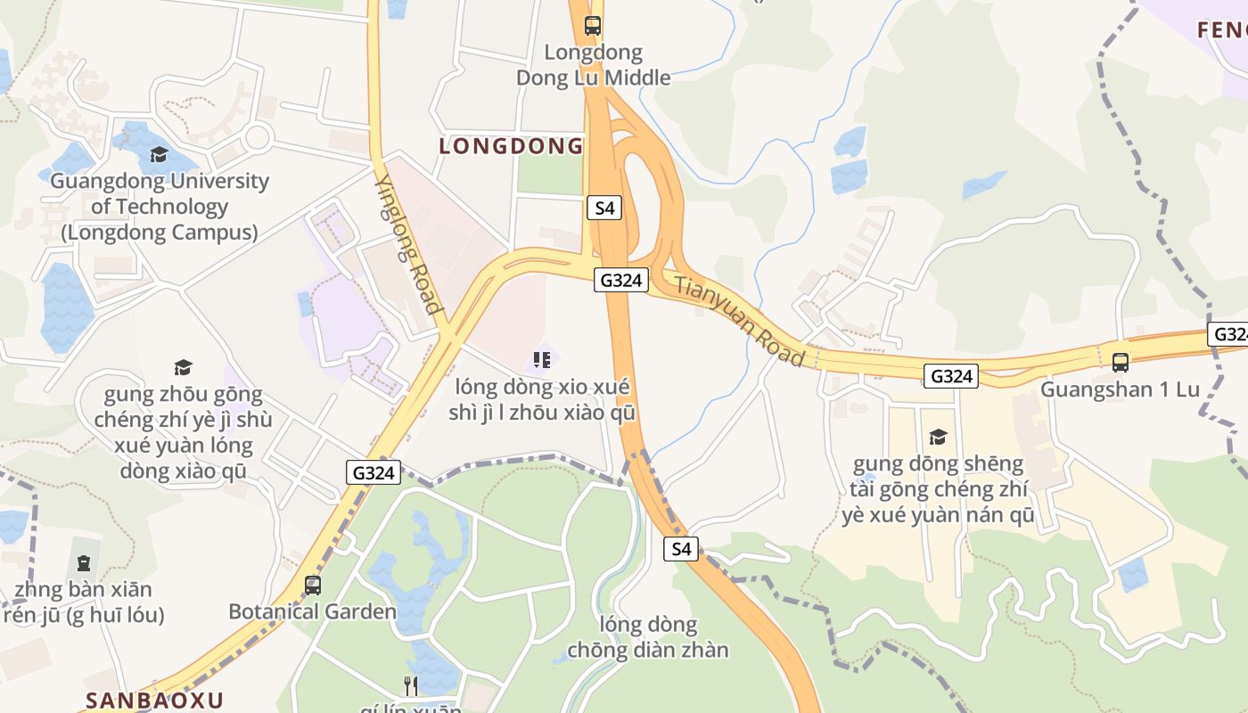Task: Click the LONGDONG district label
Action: pyautogui.click(x=511, y=146)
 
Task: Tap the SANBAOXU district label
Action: pyautogui.click(x=154, y=700)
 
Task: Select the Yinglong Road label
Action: pyautogui.click(x=408, y=243)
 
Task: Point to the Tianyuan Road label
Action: pyautogui.click(x=739, y=322)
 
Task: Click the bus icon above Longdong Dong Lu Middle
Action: pyautogui.click(x=593, y=25)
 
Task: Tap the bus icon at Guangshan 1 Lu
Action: pyautogui.click(x=1121, y=363)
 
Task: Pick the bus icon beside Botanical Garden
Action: pyautogui.click(x=313, y=586)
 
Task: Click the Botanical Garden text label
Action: pyautogui.click(x=312, y=611)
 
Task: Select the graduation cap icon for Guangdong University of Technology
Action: pyautogui.click(x=159, y=154)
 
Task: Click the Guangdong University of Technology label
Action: pyautogui.click(x=159, y=207)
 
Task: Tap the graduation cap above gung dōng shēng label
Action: pyautogui.click(x=937, y=437)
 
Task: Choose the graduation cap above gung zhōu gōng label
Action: pyautogui.click(x=183, y=367)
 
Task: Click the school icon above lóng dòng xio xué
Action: pyautogui.click(x=541, y=360)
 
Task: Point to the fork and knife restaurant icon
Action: pyautogui.click(x=410, y=685)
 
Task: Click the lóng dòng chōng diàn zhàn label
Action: pyautogui.click(x=648, y=636)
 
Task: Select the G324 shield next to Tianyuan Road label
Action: pyautogui.click(x=620, y=280)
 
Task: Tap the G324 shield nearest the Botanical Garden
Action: pyautogui.click(x=374, y=472)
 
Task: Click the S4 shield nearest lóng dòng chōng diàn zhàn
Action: pyautogui.click(x=680, y=549)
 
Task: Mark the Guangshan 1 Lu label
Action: pyautogui.click(x=1120, y=389)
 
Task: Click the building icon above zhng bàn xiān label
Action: pyautogui.click(x=84, y=562)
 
